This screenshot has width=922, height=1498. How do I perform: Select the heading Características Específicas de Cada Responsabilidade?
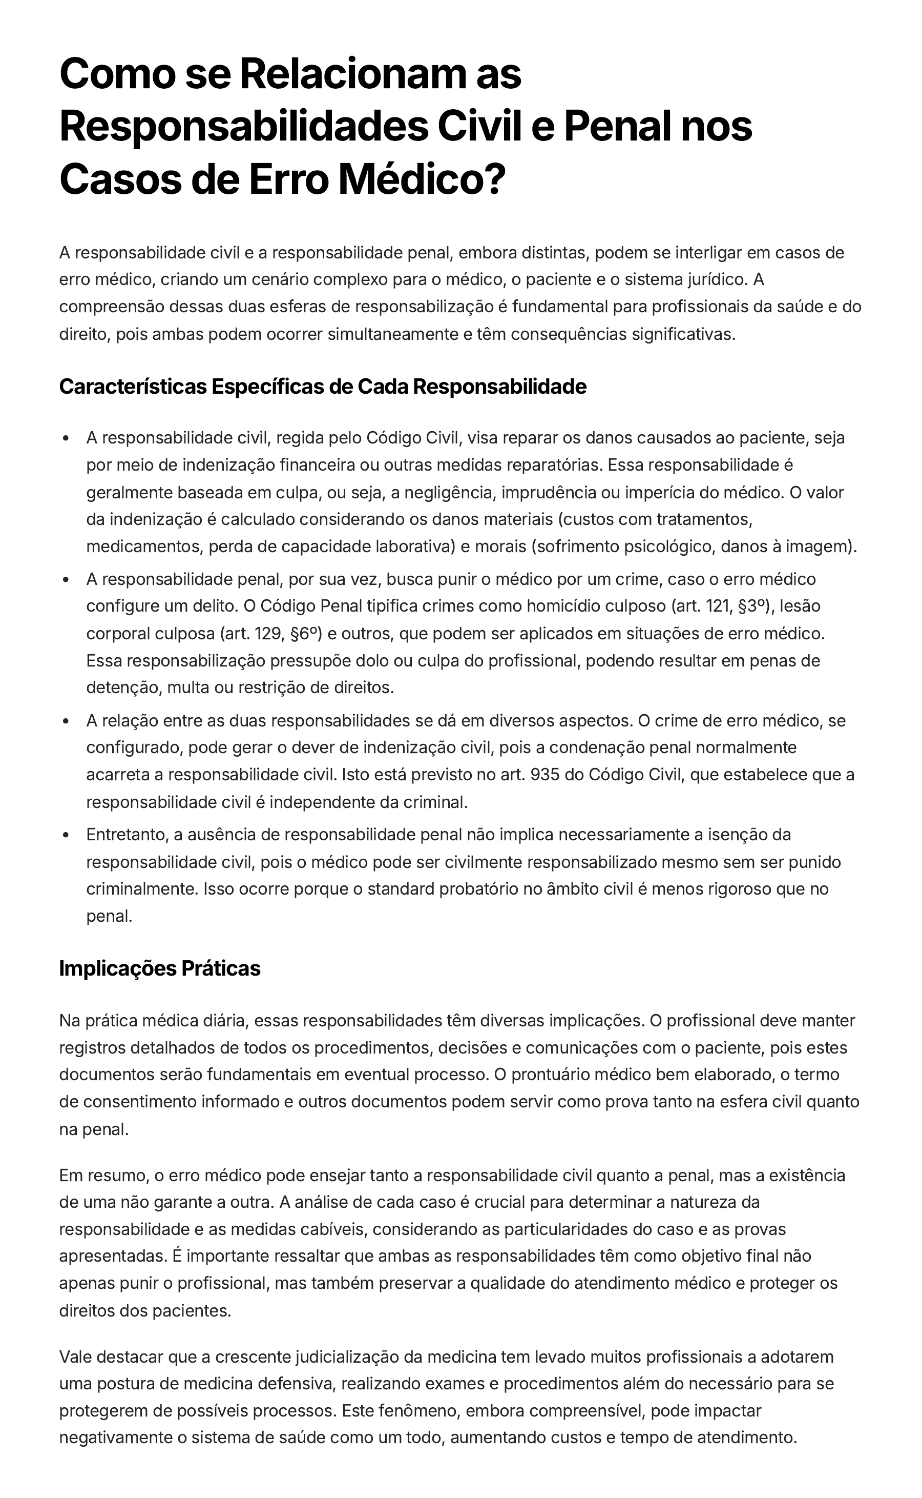(323, 386)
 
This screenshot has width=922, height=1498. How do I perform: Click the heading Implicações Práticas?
(160, 968)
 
